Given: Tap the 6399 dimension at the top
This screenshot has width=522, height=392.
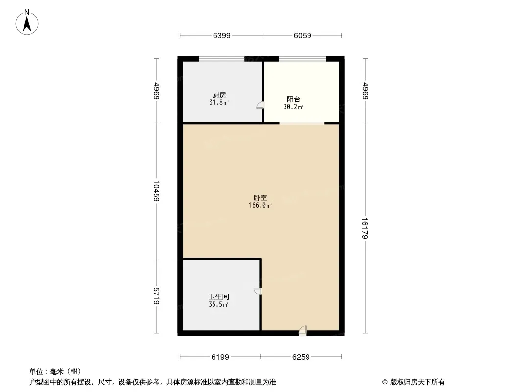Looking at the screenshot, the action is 222,35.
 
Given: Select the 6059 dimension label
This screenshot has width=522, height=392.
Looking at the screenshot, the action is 302,35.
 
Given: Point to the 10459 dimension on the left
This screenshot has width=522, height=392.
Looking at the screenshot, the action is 156,191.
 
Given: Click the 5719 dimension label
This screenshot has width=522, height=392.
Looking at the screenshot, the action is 156,296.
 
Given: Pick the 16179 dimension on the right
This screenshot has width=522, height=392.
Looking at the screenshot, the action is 365,228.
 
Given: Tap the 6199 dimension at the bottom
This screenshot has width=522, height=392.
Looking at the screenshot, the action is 220,357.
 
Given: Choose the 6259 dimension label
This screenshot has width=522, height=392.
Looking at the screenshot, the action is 301,357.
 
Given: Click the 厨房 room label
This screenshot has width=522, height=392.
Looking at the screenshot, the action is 219,95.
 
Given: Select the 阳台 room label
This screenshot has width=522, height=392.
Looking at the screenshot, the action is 294,99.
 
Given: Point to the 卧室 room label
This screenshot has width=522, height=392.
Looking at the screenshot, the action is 261,198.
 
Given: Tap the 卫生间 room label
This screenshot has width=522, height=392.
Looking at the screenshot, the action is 219,296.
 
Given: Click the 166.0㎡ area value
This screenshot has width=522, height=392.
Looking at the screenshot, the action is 261,205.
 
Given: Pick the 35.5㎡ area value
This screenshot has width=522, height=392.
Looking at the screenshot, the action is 218,304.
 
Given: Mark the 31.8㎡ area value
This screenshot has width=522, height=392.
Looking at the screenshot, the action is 219,102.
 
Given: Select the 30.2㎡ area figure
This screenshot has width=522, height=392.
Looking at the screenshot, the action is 293,107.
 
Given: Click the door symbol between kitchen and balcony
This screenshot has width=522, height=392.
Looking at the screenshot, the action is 261,105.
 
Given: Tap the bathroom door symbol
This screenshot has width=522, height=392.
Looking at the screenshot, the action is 258,291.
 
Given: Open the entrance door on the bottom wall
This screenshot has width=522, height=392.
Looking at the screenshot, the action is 302,330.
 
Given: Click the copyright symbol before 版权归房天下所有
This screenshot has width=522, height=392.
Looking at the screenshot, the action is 385,382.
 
